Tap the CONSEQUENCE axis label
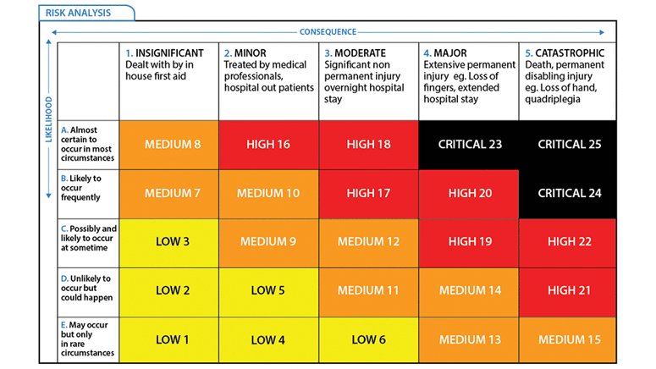coord(328,32)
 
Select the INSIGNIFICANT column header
coord(168,65)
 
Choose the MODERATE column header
coord(367,71)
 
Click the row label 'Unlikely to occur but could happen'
coord(88,290)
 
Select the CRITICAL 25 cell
coord(569,145)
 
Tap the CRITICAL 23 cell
coord(469,145)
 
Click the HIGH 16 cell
coord(268,145)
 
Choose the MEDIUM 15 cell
coord(569,340)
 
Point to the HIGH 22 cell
coord(569,242)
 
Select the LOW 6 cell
coord(368,340)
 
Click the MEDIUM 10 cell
coord(268,194)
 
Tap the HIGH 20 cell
coord(469,194)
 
